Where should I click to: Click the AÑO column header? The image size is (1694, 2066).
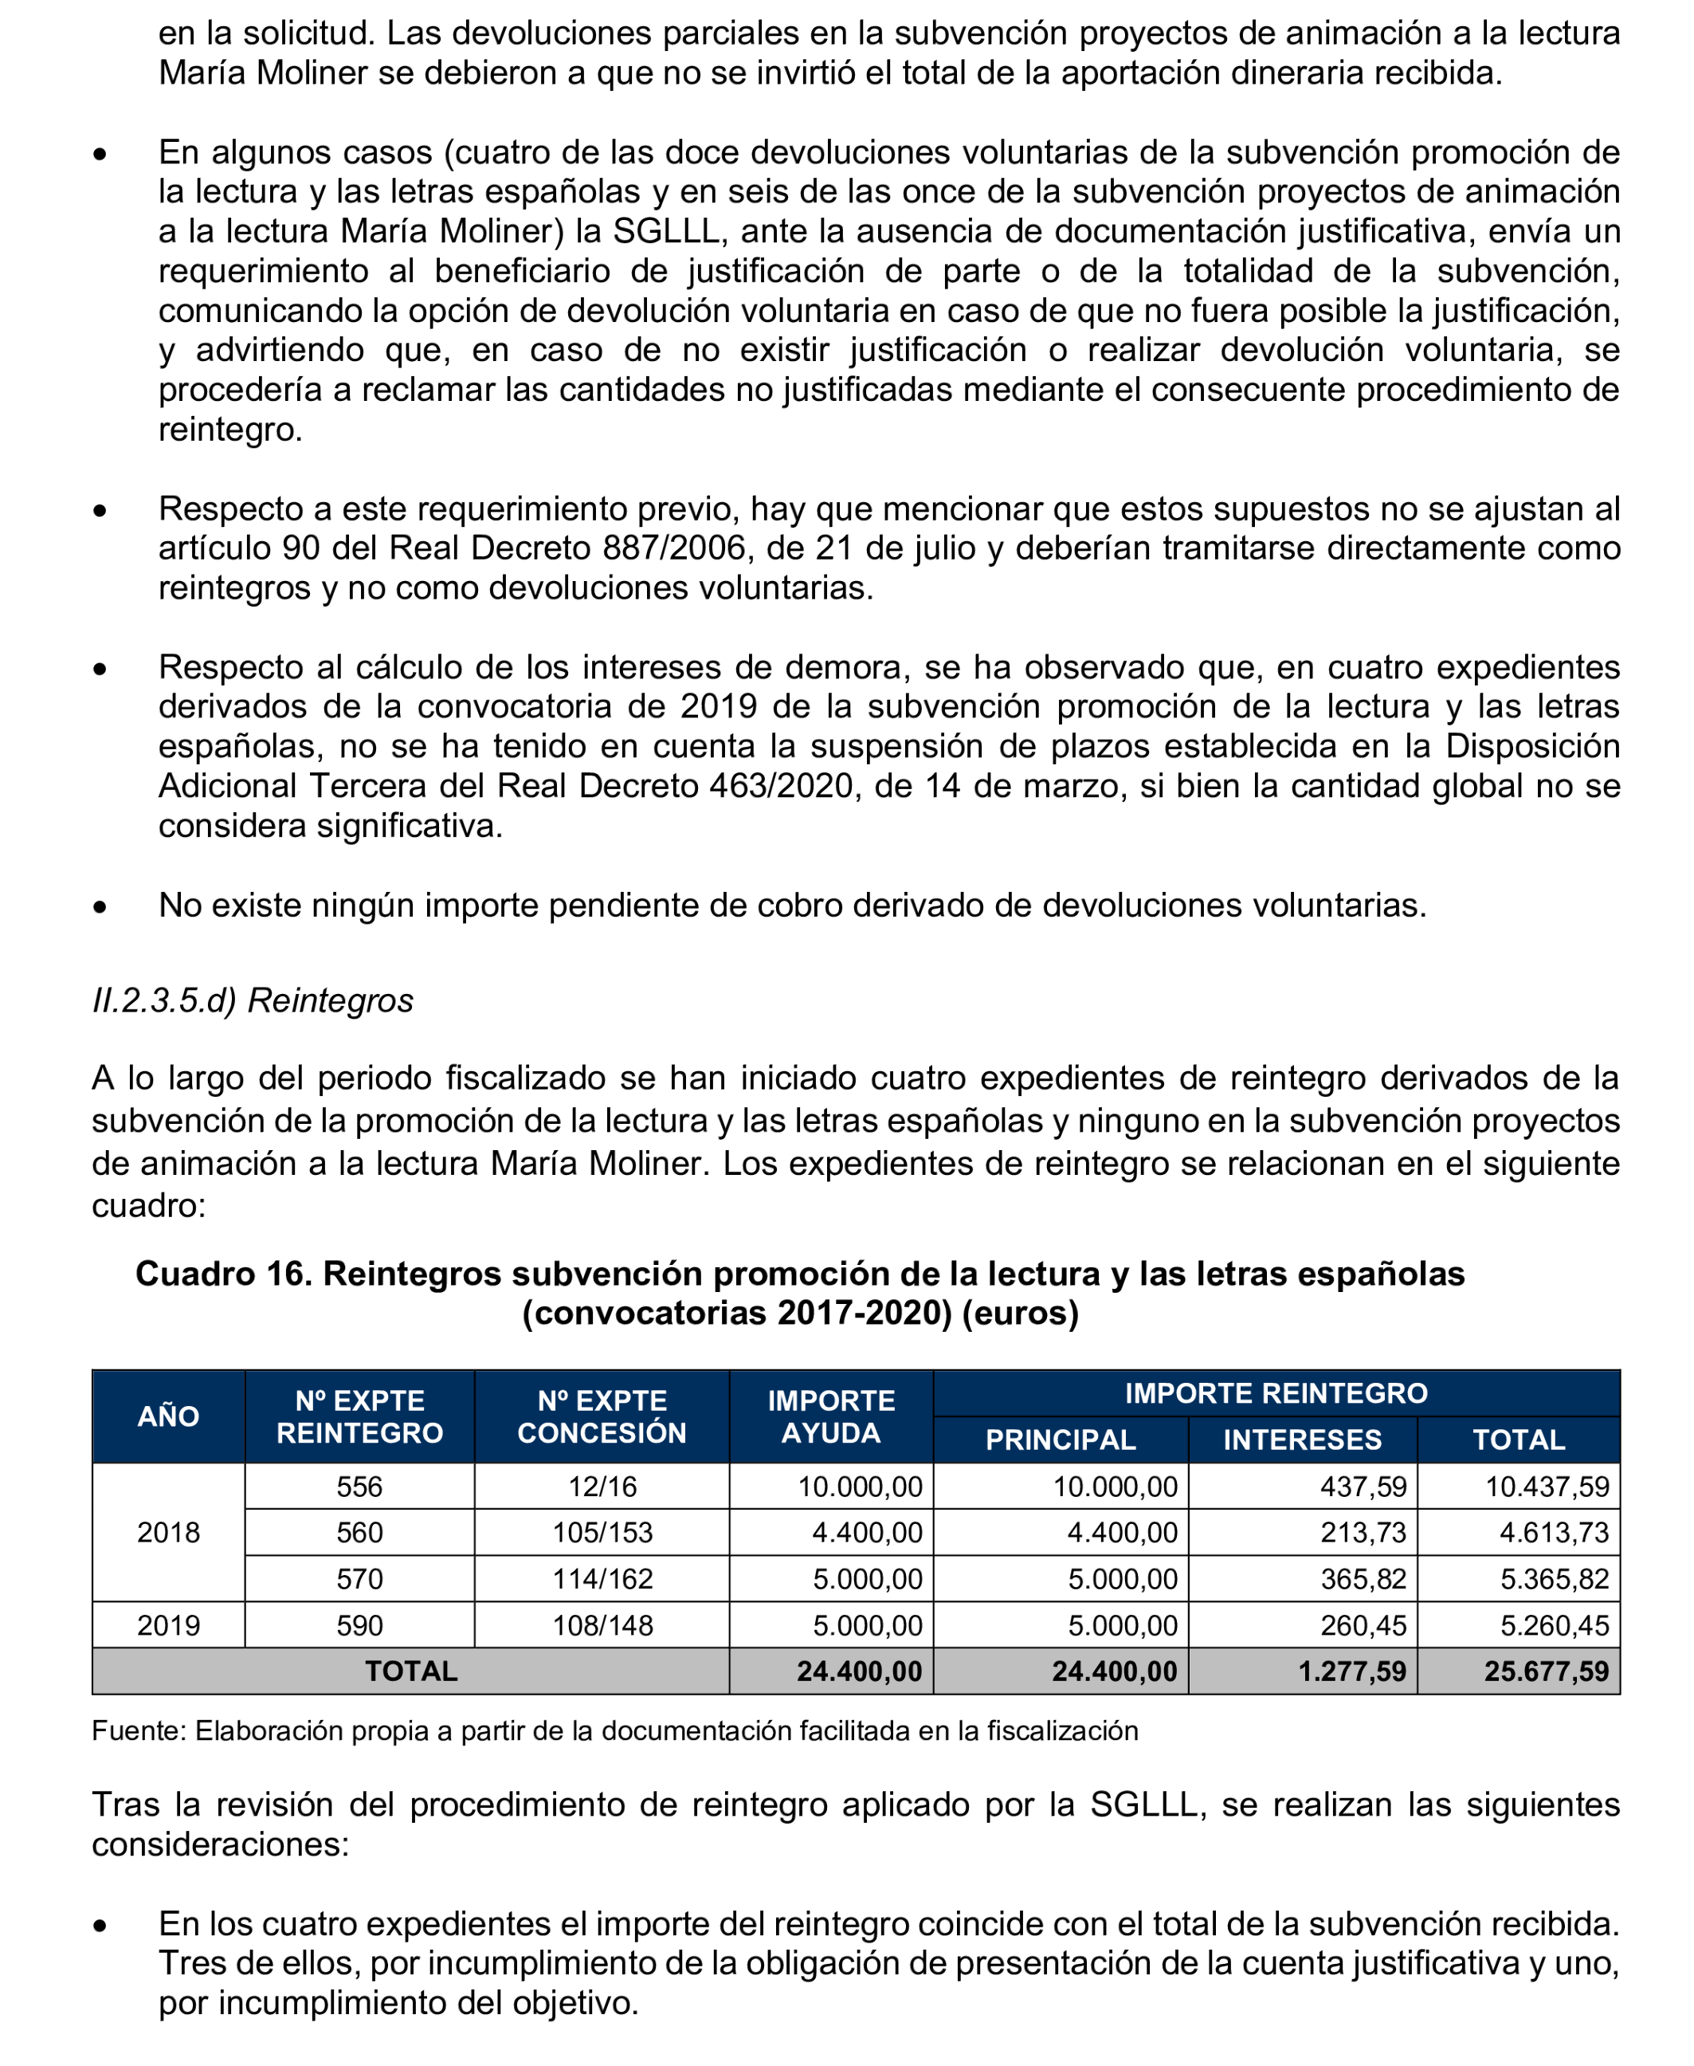click(168, 1416)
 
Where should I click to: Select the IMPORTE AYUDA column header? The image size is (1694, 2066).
click(830, 1416)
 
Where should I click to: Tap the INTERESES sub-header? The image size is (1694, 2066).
click(1302, 1440)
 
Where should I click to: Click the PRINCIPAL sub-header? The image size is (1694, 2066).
click(1060, 1440)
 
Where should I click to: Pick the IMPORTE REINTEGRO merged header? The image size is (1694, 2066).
click(1276, 1392)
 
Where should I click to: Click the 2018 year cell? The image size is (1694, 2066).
click(168, 1532)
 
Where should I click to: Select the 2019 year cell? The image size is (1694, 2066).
click(168, 1625)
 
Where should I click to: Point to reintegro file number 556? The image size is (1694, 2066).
click(359, 1487)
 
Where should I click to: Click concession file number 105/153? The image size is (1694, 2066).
click(602, 1532)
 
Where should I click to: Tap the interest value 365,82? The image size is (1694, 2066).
click(1363, 1579)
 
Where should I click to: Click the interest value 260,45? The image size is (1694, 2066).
click(1363, 1625)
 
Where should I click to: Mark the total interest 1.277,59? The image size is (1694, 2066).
click(1351, 1671)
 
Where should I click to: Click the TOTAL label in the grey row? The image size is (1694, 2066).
click(411, 1671)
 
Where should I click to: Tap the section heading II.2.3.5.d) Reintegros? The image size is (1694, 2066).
click(253, 1000)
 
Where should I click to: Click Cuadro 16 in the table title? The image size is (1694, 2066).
click(222, 1274)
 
